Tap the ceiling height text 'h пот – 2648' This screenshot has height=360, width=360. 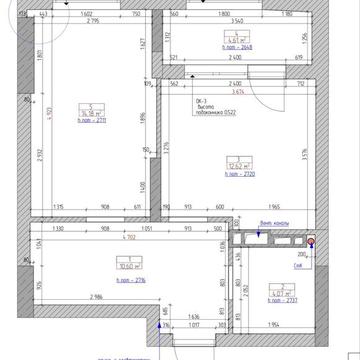[x=236, y=45]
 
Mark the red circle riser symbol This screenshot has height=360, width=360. [x=311, y=241]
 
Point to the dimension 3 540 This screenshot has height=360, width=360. [x=236, y=20]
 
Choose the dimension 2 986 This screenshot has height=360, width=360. [x=97, y=298]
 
